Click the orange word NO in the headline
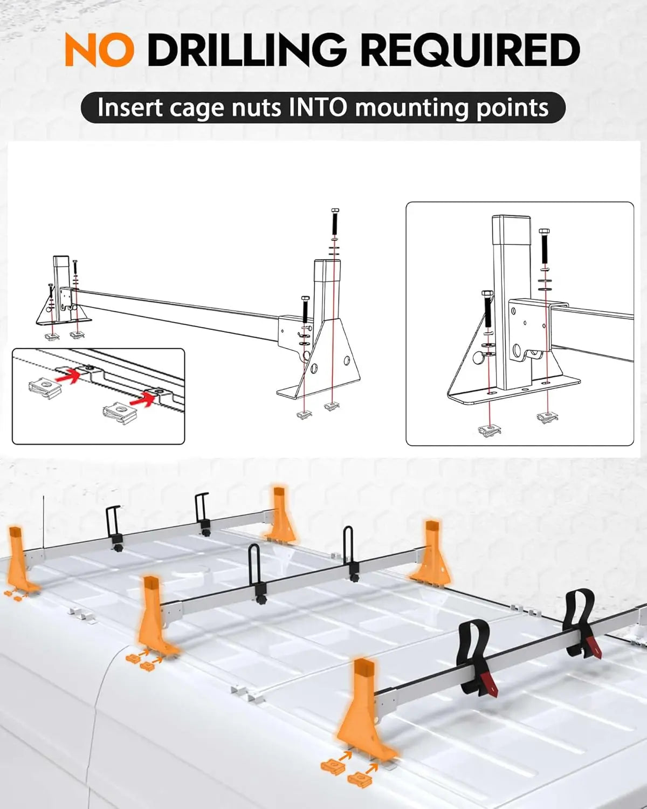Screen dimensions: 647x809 [x=100, y=49]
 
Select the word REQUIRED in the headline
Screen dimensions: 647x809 [x=472, y=50]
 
